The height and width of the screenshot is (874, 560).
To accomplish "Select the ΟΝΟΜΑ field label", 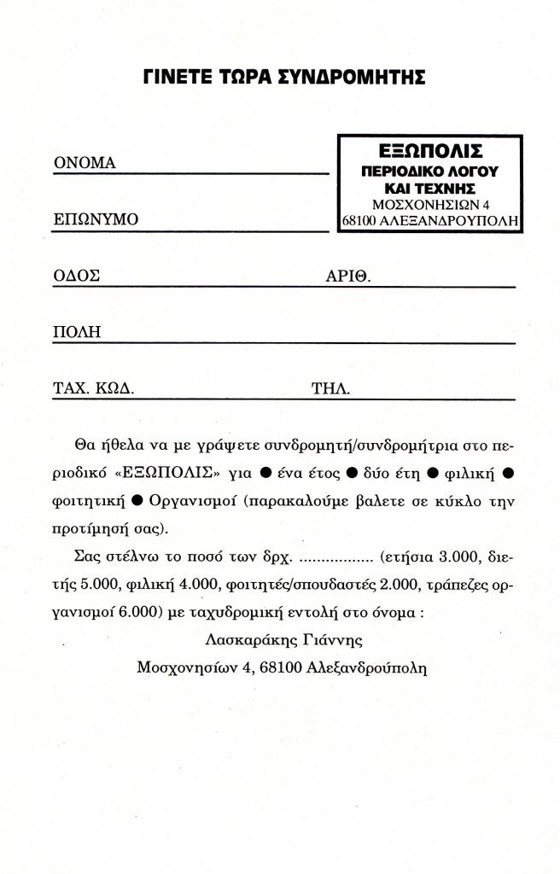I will [x=85, y=163].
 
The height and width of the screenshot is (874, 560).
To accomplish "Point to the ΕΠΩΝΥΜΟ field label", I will [x=96, y=219].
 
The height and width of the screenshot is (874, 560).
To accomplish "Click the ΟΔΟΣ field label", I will [x=77, y=276].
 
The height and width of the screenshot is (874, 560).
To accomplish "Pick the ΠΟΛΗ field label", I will [x=78, y=332].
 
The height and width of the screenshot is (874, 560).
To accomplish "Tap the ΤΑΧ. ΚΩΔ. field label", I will [x=94, y=388].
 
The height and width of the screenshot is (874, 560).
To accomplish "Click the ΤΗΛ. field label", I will [x=331, y=388].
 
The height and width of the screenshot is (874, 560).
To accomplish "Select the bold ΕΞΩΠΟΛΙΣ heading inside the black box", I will [x=430, y=152].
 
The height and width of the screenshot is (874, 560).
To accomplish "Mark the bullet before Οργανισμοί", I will [x=137, y=498].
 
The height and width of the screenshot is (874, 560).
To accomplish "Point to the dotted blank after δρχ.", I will [x=336, y=559].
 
